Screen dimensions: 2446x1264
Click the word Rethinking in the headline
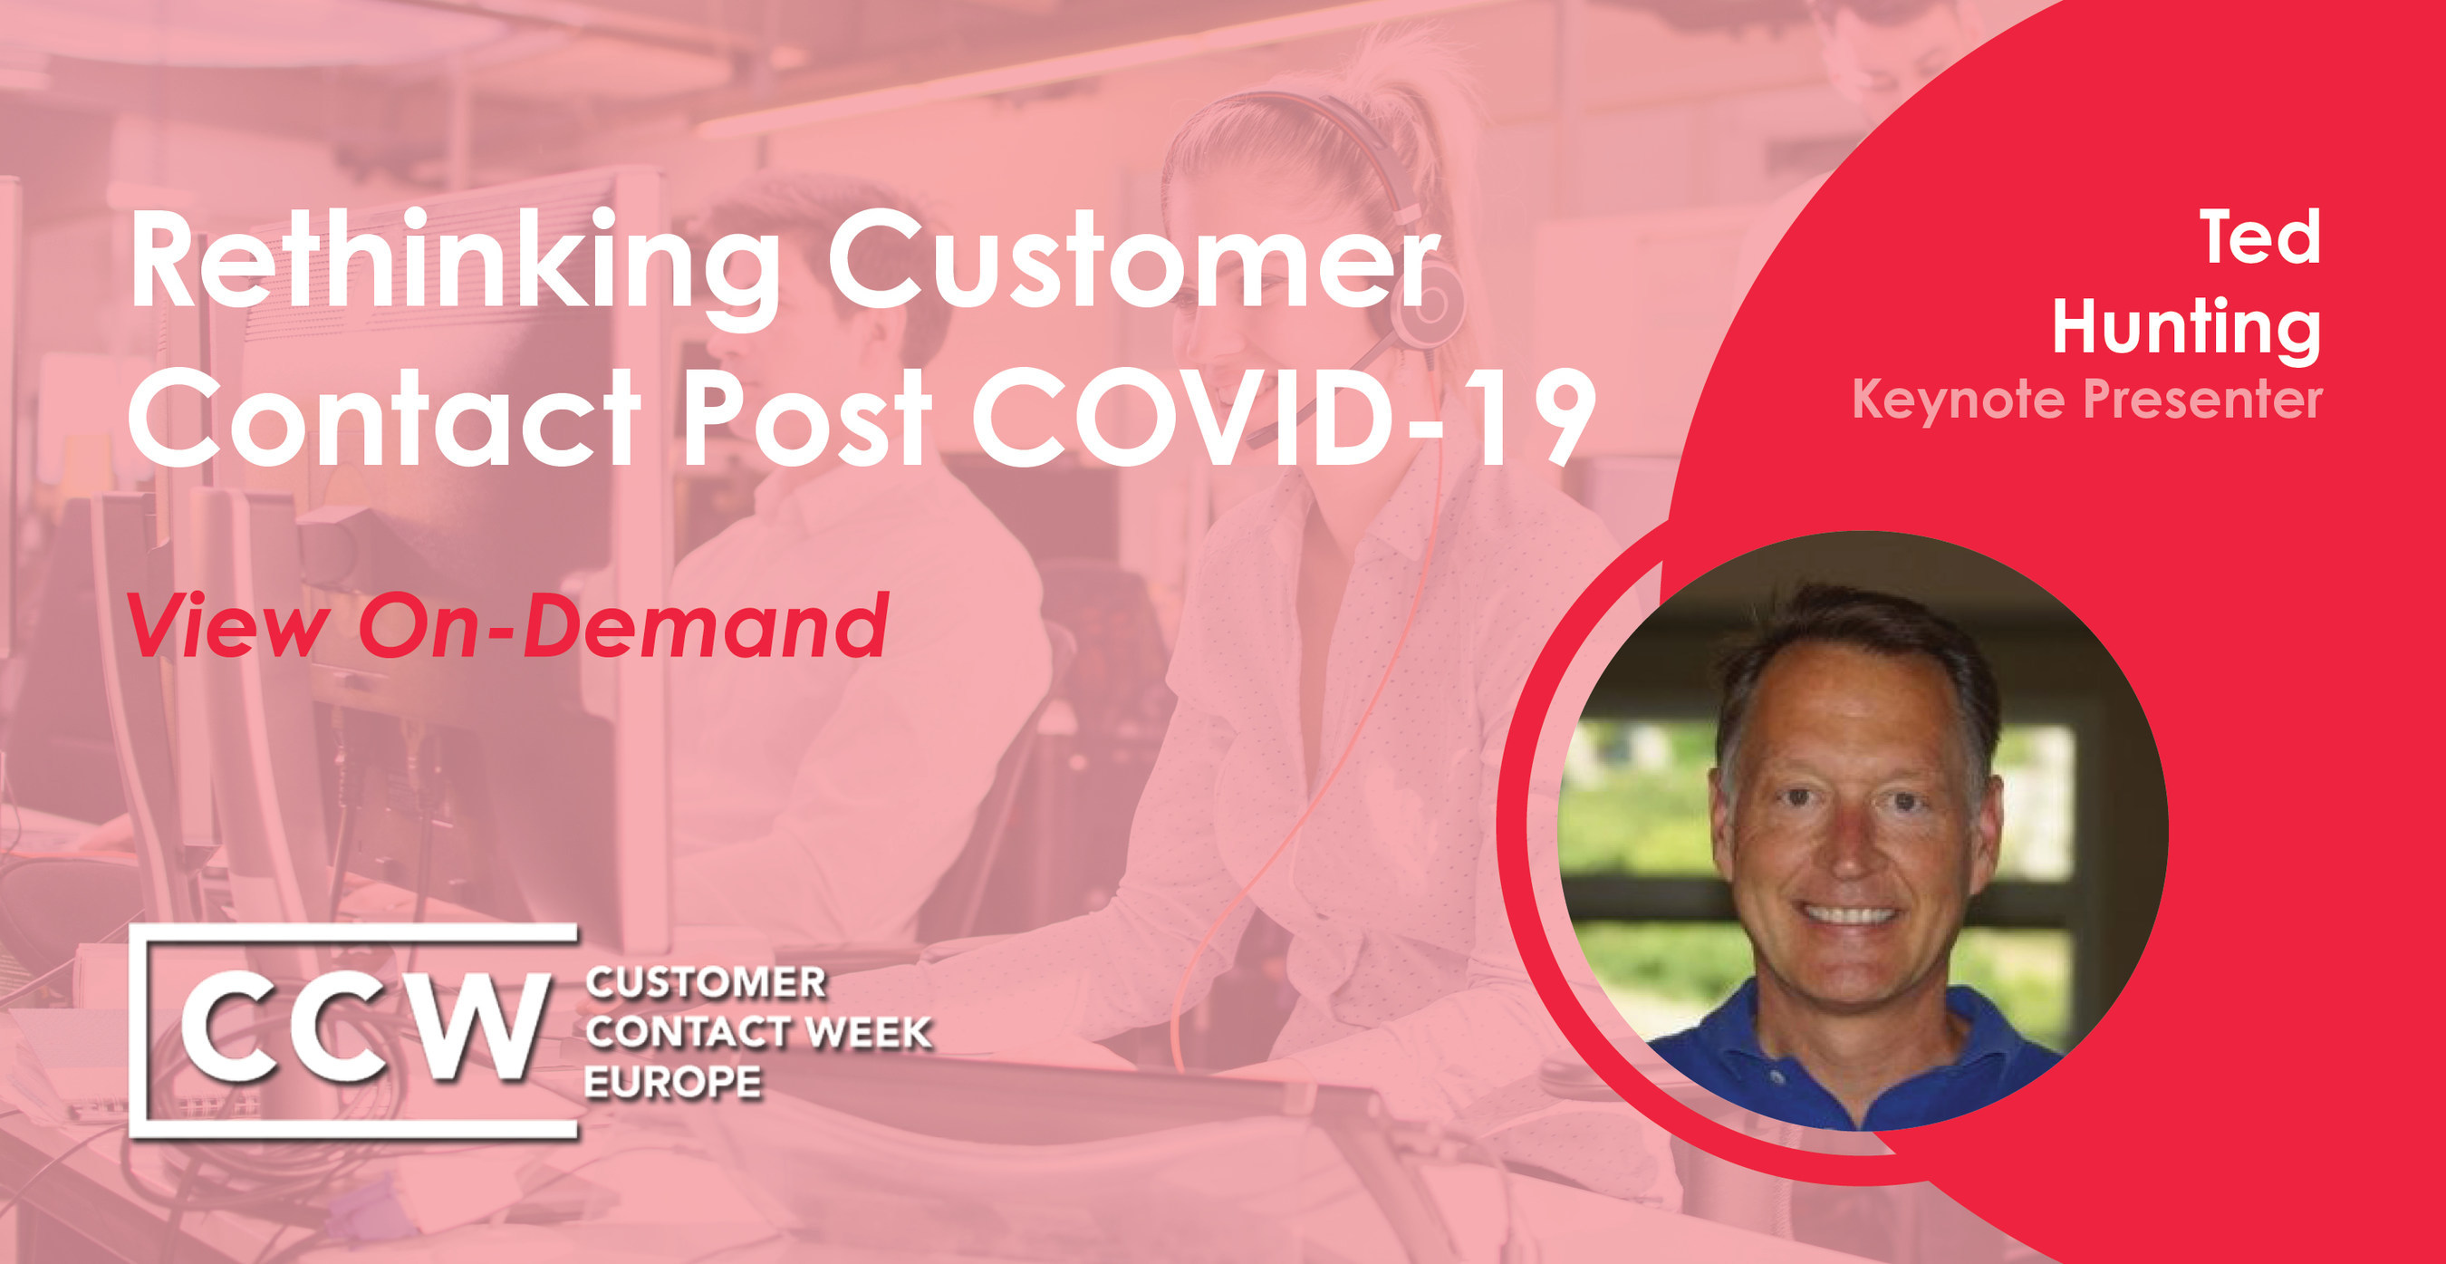pos(454,262)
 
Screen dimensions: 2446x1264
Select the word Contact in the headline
pos(384,417)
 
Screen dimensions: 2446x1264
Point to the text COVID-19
pos(1282,417)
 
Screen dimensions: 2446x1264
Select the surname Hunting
pos(2187,328)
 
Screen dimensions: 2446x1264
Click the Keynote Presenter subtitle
pos(2087,399)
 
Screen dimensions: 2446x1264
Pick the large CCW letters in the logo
pos(363,1028)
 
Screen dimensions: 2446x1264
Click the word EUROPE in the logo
pos(673,1082)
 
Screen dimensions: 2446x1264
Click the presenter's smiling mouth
pos(1849,914)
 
